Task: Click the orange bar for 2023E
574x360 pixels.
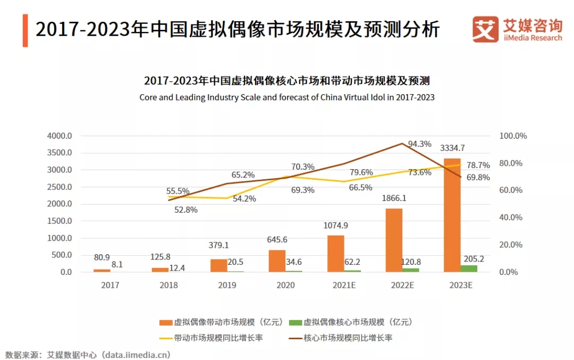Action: (452, 215)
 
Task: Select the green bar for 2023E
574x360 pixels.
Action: (469, 269)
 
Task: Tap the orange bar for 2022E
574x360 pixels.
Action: (394, 240)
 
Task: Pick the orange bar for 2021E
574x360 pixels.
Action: (335, 253)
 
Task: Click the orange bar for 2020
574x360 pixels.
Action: (277, 261)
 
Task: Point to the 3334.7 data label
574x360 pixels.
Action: (452, 148)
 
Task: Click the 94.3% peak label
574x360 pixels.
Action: (420, 144)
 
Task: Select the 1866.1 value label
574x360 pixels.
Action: (394, 198)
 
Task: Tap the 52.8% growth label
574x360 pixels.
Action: (186, 210)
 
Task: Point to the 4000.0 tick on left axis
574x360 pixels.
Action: (59, 136)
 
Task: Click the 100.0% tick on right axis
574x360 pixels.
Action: (513, 136)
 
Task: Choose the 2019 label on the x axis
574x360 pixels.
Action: (227, 286)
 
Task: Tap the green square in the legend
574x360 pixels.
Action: (294, 323)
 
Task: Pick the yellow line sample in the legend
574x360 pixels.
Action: (166, 338)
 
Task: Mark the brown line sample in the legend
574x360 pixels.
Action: (295, 338)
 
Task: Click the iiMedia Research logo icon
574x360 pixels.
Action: (485, 29)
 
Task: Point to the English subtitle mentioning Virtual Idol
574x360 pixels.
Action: (287, 97)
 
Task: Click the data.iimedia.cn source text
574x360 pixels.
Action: (136, 354)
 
